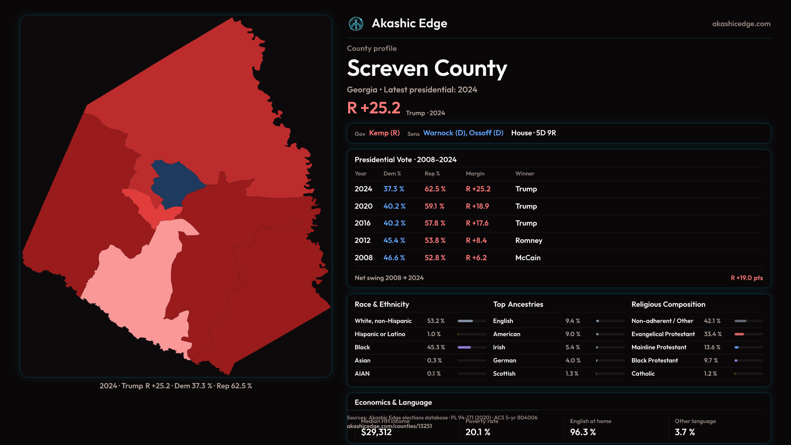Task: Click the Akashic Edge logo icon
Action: (x=356, y=24)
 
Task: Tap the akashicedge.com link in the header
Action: (x=741, y=24)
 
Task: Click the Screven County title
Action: (x=427, y=68)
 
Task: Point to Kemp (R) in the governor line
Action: (x=384, y=133)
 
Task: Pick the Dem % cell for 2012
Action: (x=394, y=241)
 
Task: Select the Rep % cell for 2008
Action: (x=435, y=258)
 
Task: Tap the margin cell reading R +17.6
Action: (x=477, y=223)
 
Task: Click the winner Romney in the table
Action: (x=529, y=241)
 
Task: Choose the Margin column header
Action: (x=475, y=174)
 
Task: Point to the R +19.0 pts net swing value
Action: (x=747, y=278)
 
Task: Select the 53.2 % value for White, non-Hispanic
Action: (x=436, y=321)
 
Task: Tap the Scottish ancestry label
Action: (x=504, y=374)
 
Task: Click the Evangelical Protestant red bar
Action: (x=740, y=334)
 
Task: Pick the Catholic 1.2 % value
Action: (x=710, y=374)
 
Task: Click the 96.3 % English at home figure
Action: (x=583, y=432)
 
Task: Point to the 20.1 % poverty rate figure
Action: (x=478, y=432)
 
